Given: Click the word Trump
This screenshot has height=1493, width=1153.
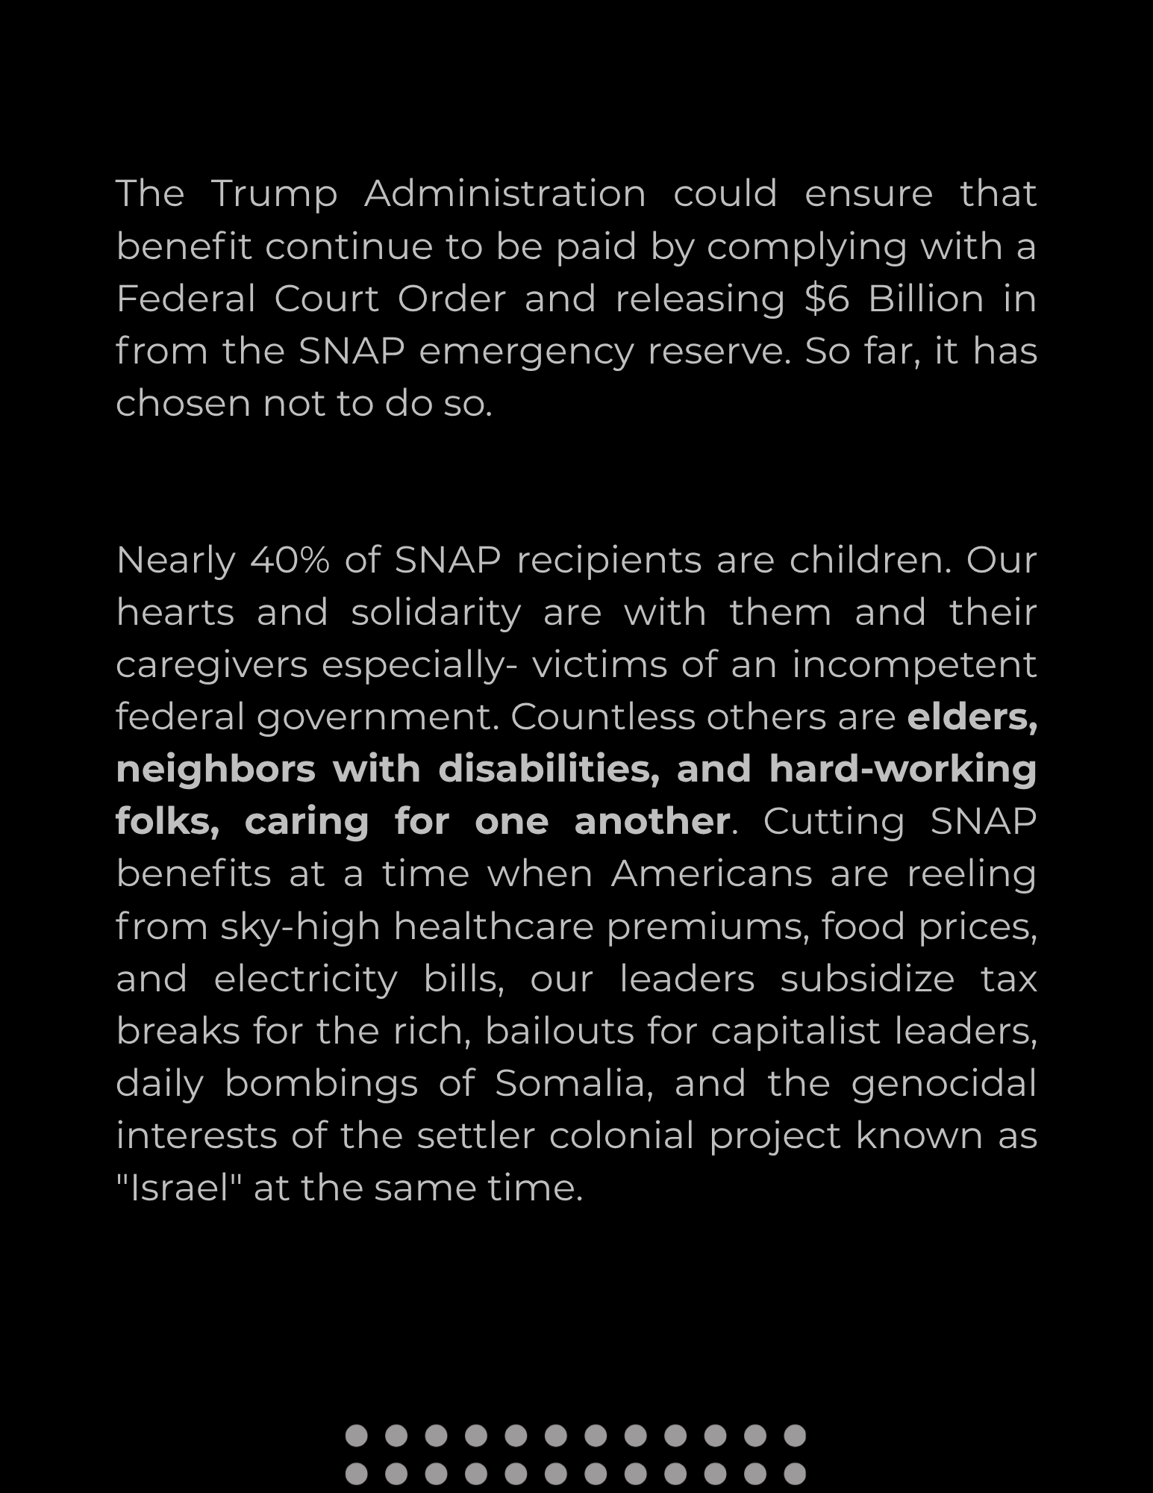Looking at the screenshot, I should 275,195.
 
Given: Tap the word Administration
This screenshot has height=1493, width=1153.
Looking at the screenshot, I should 504,193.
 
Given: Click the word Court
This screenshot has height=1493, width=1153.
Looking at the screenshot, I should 327,299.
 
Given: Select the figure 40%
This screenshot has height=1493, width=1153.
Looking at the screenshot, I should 290,560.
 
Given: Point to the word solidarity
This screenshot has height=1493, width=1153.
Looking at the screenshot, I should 436,613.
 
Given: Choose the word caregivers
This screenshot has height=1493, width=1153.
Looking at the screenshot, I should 212,665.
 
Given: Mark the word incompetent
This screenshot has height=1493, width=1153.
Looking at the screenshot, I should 914,665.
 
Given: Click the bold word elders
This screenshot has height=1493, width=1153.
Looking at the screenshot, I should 972,717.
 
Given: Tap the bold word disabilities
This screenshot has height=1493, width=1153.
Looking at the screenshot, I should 549,769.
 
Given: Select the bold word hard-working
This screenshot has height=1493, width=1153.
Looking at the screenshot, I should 903,769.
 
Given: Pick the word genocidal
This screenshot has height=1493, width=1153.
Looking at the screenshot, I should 944,1083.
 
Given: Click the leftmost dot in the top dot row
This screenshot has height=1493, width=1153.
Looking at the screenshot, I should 357,1435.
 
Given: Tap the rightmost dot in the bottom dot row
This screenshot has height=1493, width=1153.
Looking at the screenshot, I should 795,1473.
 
